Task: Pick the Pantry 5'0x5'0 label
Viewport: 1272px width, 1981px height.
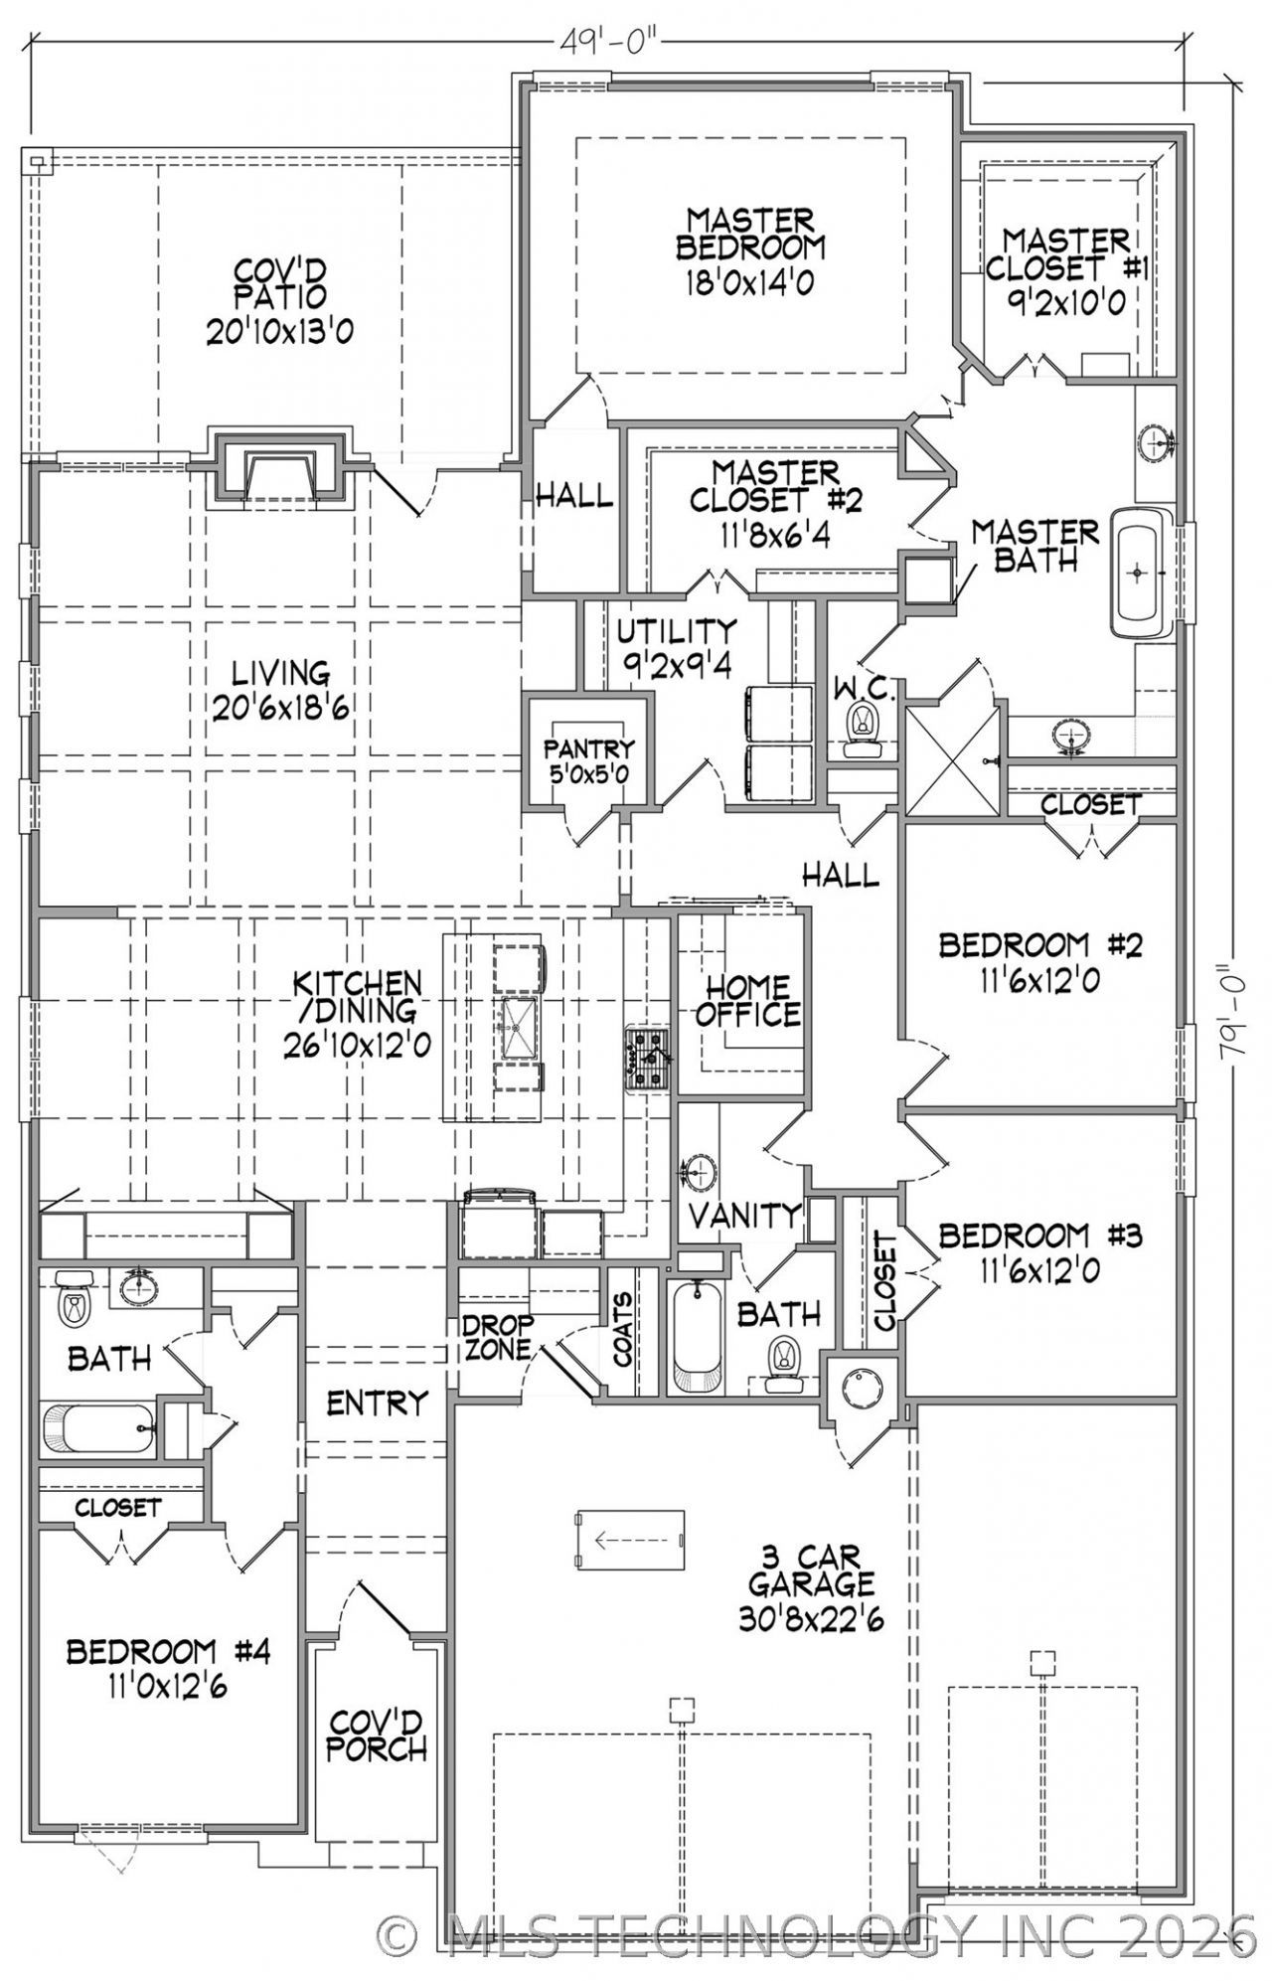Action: click(x=588, y=760)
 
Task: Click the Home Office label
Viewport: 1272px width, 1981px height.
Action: click(x=748, y=1001)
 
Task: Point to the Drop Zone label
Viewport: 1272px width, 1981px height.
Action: click(x=498, y=1337)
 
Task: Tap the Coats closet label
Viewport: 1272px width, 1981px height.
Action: click(x=624, y=1329)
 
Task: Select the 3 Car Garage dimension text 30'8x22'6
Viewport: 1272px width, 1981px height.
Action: click(x=811, y=1619)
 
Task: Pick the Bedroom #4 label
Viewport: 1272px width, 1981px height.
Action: click(x=168, y=1652)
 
